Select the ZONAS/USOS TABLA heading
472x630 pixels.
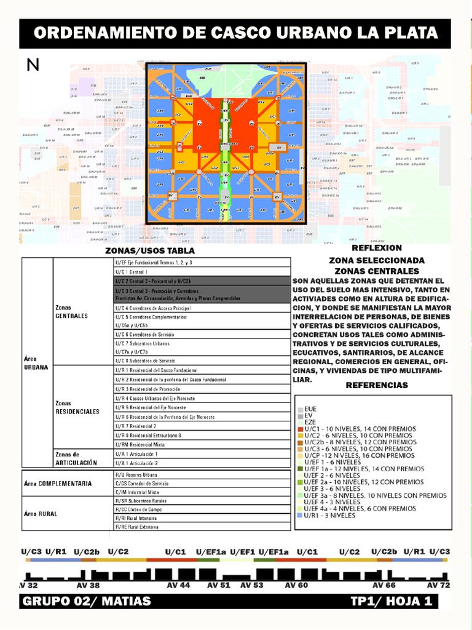(150, 251)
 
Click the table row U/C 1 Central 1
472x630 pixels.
(131, 271)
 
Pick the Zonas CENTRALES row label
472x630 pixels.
(71, 311)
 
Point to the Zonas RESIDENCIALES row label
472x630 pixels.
(77, 407)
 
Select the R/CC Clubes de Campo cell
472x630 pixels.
(140, 509)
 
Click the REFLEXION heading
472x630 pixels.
(376, 248)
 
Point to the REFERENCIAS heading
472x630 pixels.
(376, 385)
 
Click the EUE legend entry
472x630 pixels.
(311, 409)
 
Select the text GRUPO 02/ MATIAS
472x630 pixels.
(87, 601)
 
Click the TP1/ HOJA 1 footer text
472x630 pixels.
(391, 601)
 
